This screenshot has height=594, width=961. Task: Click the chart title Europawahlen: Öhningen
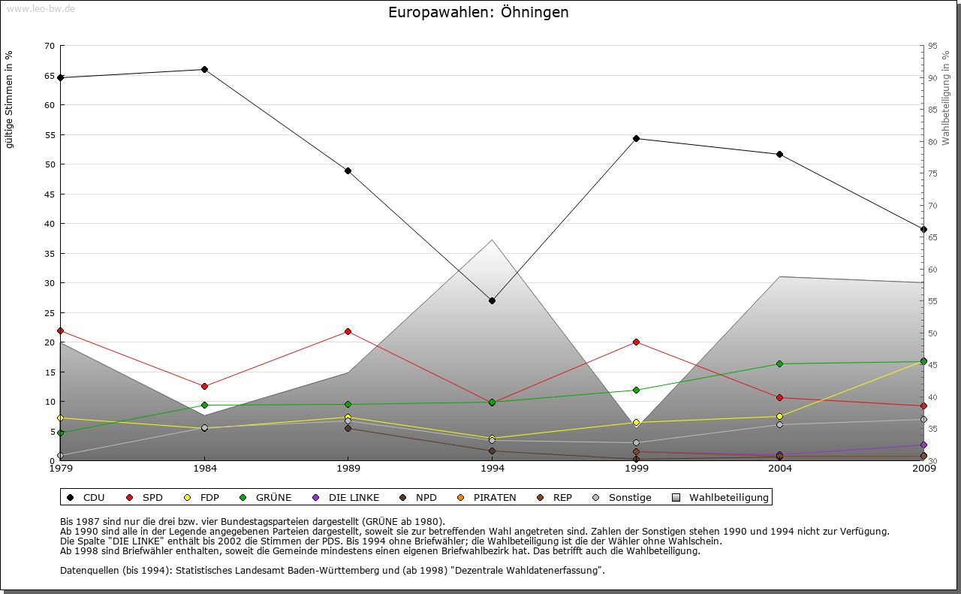478,13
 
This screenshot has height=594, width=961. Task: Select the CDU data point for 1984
204,69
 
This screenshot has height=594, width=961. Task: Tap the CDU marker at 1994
492,300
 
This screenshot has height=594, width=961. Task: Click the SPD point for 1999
636,342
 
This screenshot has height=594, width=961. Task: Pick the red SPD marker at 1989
348,331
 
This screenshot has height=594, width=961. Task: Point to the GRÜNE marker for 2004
779,363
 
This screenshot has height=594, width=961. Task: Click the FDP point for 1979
60,418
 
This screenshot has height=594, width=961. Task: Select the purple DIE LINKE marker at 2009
923,445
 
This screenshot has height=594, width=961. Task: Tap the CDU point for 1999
636,138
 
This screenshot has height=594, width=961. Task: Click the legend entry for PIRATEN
487,497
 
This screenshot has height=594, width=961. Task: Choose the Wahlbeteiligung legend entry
721,497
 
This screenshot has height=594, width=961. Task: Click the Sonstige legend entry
622,497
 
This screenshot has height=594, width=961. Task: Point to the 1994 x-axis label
492,469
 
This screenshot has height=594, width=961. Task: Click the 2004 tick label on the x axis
779,469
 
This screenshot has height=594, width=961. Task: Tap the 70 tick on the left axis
50,46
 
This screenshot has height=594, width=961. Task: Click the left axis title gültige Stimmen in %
10,99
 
